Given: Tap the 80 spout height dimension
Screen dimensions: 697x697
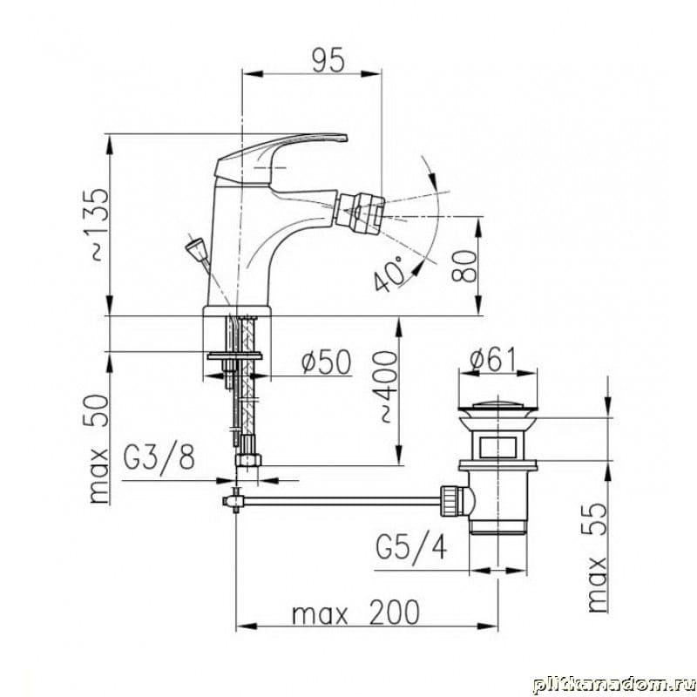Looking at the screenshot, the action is (464, 266).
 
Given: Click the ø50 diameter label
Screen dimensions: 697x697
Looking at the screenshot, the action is (326, 362).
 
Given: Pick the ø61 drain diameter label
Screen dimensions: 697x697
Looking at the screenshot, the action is (494, 359).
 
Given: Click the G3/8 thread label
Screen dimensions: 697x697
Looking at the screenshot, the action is (159, 458).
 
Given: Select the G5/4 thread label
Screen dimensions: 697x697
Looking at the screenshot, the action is (411, 548).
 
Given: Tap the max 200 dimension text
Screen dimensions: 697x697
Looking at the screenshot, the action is (355, 613).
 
